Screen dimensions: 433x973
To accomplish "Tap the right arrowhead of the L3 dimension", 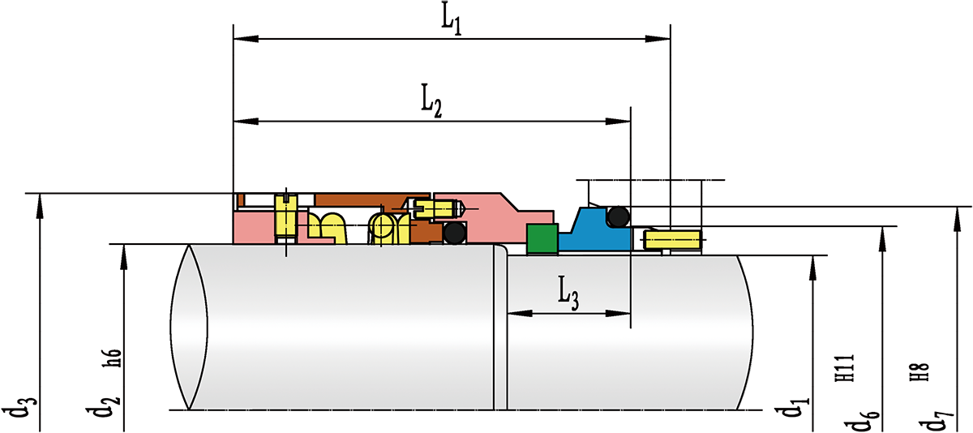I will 624,312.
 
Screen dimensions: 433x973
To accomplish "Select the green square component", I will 541,238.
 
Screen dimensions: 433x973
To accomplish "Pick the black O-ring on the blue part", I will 619,216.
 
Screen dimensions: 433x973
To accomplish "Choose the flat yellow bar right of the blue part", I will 672,240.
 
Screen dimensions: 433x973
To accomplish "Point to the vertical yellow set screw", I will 286,217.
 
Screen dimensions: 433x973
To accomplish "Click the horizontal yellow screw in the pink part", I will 436,209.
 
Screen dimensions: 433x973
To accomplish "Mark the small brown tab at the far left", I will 240,199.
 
